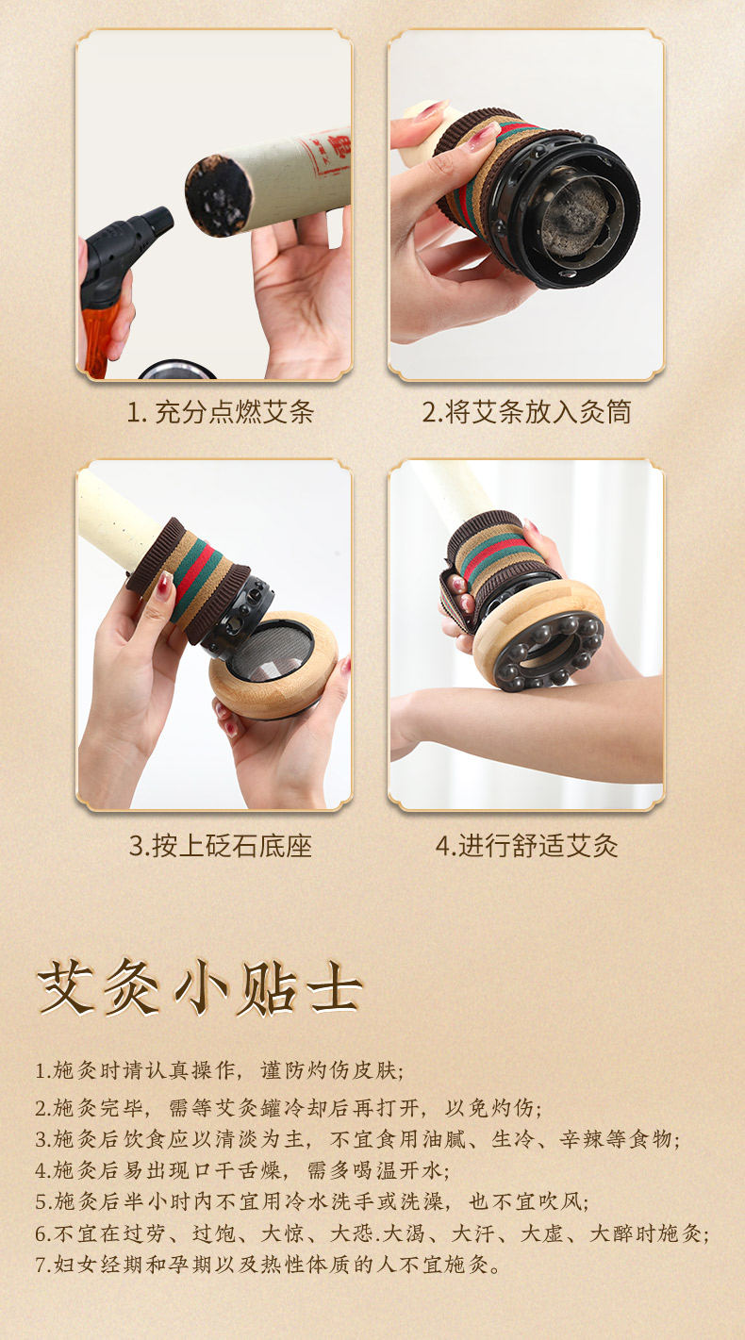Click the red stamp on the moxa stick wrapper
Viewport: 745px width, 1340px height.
(x=326, y=155)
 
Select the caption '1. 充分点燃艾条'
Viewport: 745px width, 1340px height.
(x=221, y=412)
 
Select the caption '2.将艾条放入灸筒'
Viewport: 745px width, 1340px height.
(x=526, y=412)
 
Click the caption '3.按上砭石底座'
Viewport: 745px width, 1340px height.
(x=221, y=846)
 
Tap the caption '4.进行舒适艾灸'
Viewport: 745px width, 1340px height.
(x=526, y=846)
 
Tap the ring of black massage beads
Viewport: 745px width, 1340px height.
(x=548, y=652)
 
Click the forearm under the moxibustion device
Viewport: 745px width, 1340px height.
(x=526, y=730)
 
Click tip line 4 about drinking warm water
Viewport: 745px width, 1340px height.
(x=241, y=1169)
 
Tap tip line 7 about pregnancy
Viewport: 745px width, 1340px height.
(x=268, y=1264)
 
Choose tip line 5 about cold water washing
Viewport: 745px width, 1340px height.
(x=312, y=1201)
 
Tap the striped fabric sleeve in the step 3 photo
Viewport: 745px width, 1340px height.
(x=189, y=577)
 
